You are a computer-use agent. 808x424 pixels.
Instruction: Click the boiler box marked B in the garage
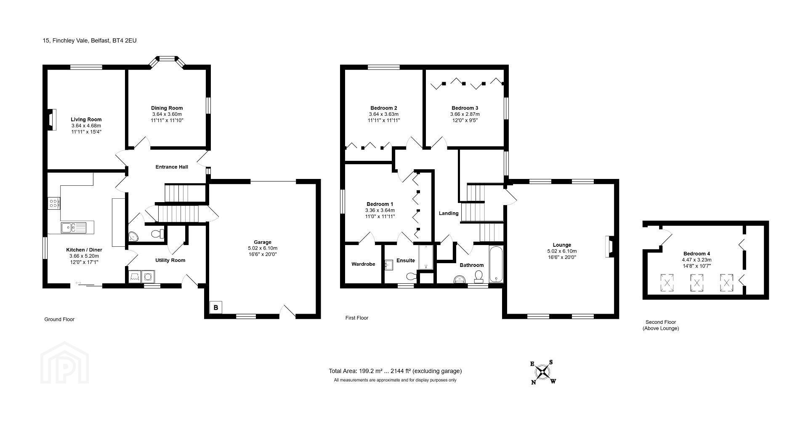click(216, 307)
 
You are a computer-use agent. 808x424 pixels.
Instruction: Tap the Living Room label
click(86, 120)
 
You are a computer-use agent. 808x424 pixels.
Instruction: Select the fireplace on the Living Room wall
click(51, 120)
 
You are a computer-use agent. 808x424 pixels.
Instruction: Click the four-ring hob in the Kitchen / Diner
click(54, 204)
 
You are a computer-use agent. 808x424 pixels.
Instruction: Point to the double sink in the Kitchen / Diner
click(73, 228)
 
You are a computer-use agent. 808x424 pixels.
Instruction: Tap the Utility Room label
click(170, 260)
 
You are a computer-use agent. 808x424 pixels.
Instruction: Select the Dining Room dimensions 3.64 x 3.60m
click(167, 114)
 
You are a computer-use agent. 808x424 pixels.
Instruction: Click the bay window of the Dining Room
click(168, 61)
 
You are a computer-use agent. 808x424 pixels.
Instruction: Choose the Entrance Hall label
click(172, 167)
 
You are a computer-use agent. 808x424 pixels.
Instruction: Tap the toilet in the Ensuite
click(412, 276)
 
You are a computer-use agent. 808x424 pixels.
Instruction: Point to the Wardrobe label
click(363, 264)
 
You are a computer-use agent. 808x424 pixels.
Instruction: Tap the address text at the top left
click(90, 41)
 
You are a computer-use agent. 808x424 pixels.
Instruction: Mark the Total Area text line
click(395, 371)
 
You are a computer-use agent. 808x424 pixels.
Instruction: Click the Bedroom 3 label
click(465, 108)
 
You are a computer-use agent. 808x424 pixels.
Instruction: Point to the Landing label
click(449, 213)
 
